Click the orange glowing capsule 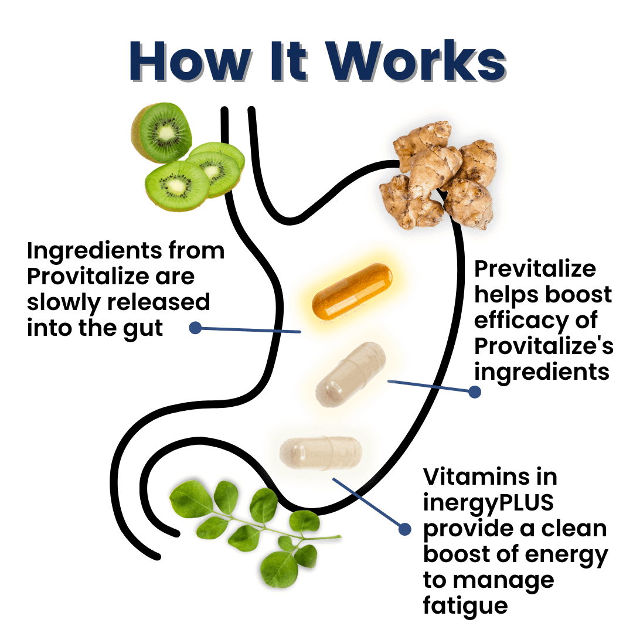(352, 291)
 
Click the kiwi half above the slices (161, 132)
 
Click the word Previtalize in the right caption (535, 268)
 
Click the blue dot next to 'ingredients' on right (475, 392)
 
